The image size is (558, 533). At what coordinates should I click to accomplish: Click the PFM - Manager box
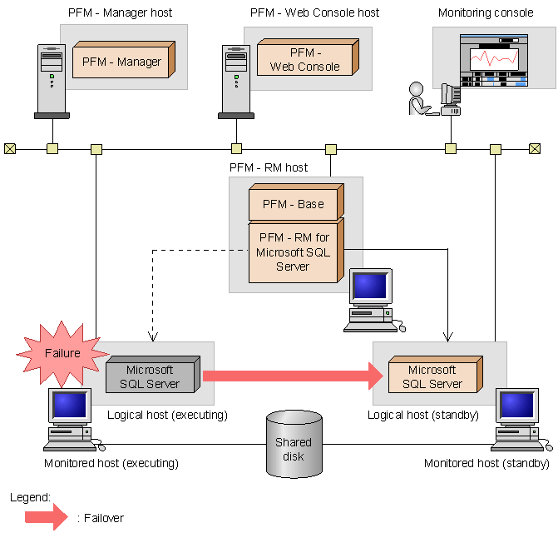121,61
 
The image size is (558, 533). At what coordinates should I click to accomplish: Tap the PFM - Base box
287,203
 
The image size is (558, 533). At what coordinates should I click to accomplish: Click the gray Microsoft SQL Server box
150,376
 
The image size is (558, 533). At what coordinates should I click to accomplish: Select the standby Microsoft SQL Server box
432,376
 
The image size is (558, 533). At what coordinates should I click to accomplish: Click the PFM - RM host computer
370,296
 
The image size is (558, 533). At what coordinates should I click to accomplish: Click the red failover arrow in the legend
46,517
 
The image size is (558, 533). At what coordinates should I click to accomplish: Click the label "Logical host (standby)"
423,415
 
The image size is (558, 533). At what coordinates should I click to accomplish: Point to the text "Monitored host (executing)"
111,463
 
